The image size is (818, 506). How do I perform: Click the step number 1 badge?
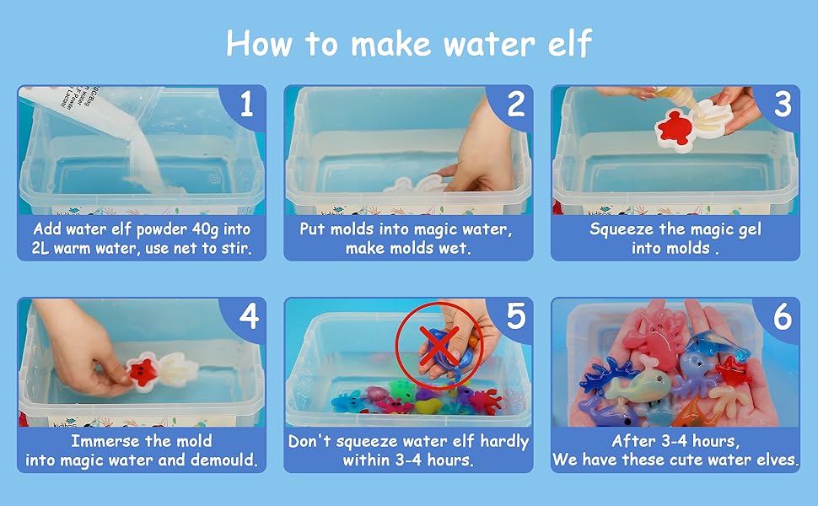coord(246,105)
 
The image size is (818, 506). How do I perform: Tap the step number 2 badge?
coord(514,105)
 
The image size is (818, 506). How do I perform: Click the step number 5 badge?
coord(515,318)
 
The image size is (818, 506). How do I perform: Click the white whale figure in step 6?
coord(638,389)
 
